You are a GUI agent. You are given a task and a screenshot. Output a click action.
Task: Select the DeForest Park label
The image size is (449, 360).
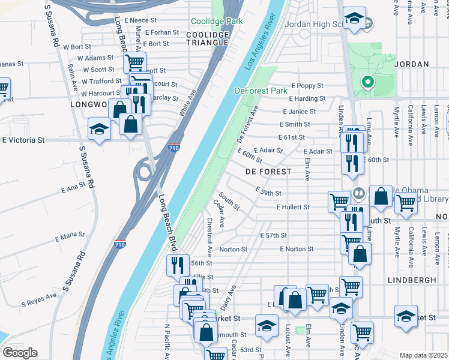(x=261, y=91)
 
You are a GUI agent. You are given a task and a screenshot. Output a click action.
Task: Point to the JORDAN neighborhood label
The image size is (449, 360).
(x=413, y=64)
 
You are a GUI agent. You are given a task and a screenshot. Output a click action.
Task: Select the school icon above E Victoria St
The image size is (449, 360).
(x=100, y=128)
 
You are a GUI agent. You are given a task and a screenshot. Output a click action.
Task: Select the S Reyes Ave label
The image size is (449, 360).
(x=39, y=296)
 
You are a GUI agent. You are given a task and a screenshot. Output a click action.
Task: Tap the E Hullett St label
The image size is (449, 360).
(x=292, y=207)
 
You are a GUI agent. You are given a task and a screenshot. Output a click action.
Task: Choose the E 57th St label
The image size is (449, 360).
(x=274, y=235)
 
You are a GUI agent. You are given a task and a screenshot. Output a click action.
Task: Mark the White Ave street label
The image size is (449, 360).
(x=188, y=103)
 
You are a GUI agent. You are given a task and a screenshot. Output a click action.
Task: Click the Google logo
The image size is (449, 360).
(x=20, y=353)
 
